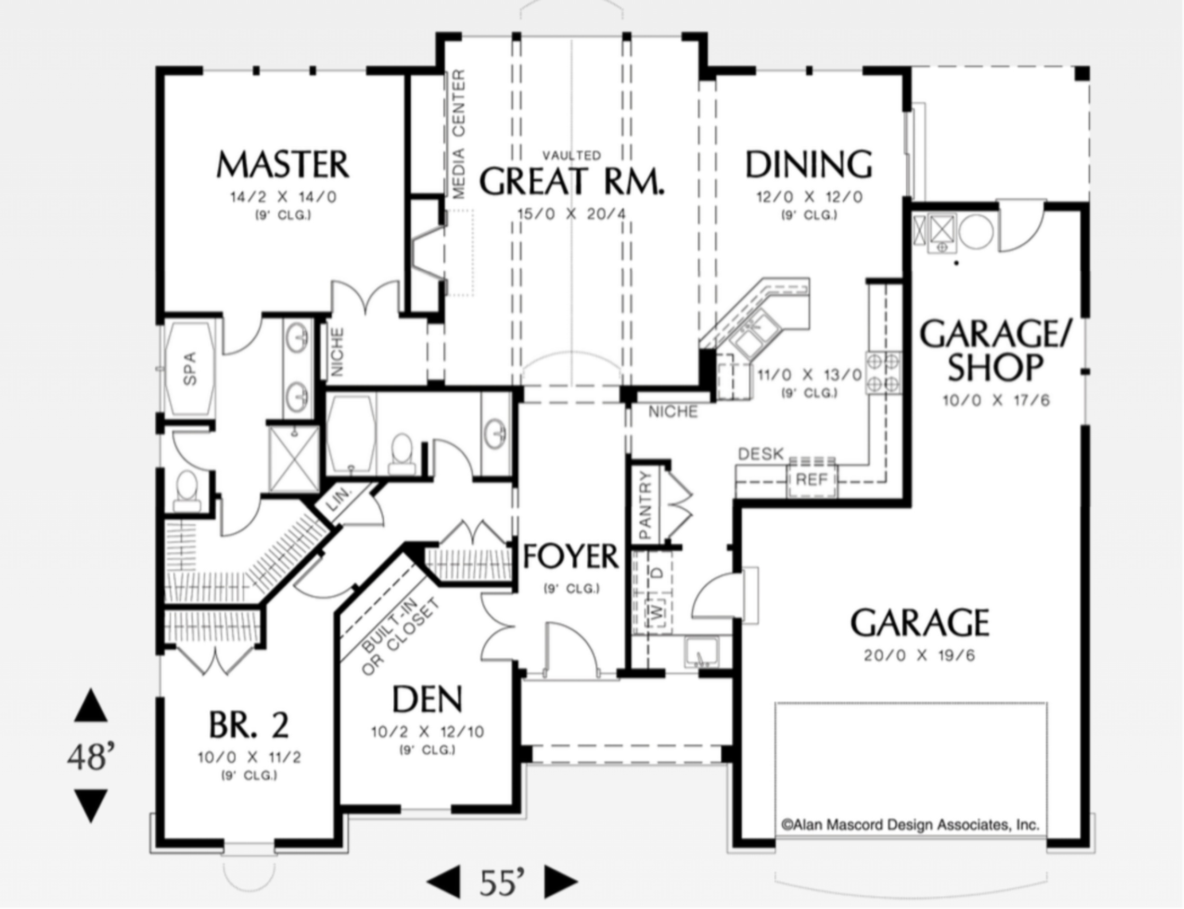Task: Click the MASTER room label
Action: (x=283, y=164)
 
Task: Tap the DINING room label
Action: (x=809, y=164)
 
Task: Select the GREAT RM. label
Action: (x=572, y=181)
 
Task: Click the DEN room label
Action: (x=427, y=699)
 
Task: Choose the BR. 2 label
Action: (x=249, y=725)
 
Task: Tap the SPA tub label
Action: (x=190, y=368)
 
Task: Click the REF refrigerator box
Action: (x=812, y=479)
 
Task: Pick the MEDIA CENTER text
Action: (x=458, y=134)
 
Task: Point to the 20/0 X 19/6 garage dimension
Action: (x=920, y=656)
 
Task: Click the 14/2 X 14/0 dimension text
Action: (x=284, y=197)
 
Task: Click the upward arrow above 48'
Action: (x=91, y=705)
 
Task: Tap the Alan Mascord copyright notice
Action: (x=911, y=825)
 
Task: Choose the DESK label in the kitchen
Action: (x=761, y=454)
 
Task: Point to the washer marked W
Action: (x=657, y=612)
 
